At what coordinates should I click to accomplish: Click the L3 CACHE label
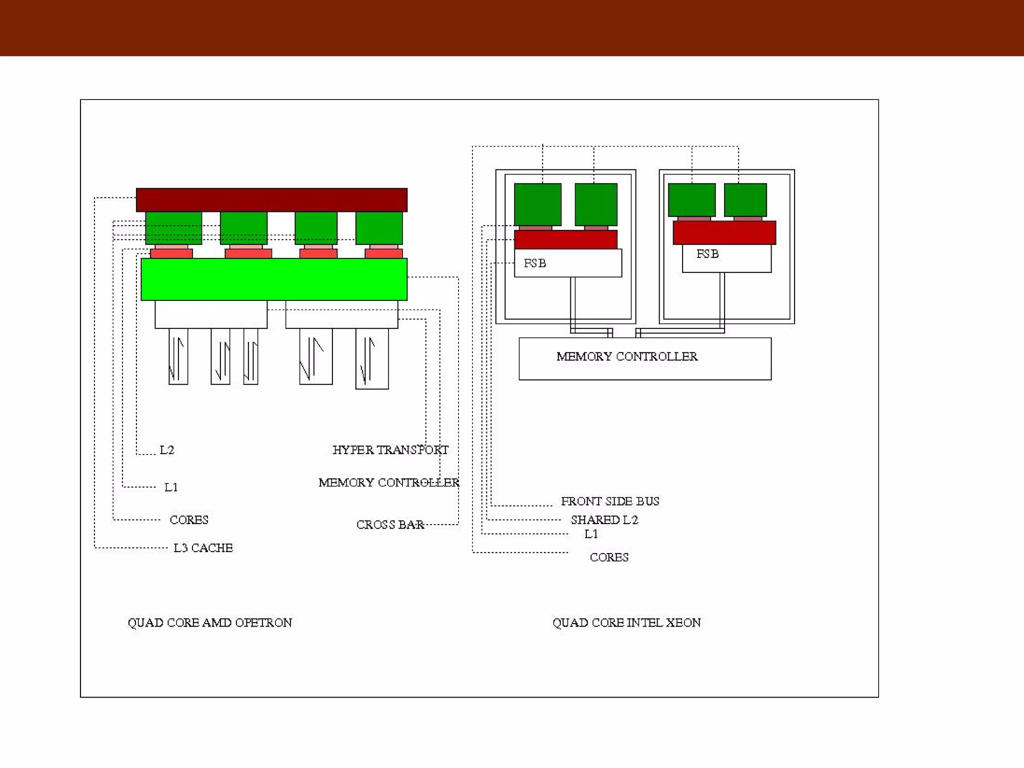point(203,548)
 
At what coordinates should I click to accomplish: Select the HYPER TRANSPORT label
point(390,450)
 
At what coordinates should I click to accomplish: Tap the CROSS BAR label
point(390,524)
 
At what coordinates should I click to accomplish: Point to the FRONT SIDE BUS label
point(610,501)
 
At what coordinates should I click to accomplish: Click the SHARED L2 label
point(604,519)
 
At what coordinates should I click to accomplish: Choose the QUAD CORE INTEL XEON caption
point(626,622)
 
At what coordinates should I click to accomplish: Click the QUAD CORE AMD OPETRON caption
point(209,622)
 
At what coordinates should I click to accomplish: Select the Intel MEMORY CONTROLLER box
point(645,358)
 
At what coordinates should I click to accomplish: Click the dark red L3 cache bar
point(271,199)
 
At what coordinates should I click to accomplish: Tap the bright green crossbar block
point(274,279)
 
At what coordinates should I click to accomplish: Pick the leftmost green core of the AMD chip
point(173,227)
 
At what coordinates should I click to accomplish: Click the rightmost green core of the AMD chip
point(379,227)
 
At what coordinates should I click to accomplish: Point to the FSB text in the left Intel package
point(534,263)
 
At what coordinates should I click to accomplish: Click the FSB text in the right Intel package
point(707,254)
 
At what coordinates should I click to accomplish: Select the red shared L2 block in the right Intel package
point(724,232)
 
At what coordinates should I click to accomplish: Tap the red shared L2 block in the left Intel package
point(565,239)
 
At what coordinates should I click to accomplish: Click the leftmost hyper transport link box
point(178,356)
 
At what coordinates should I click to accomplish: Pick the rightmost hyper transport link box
point(372,358)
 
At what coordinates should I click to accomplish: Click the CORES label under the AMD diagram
point(189,519)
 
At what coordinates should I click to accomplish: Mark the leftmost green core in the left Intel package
point(537,204)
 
